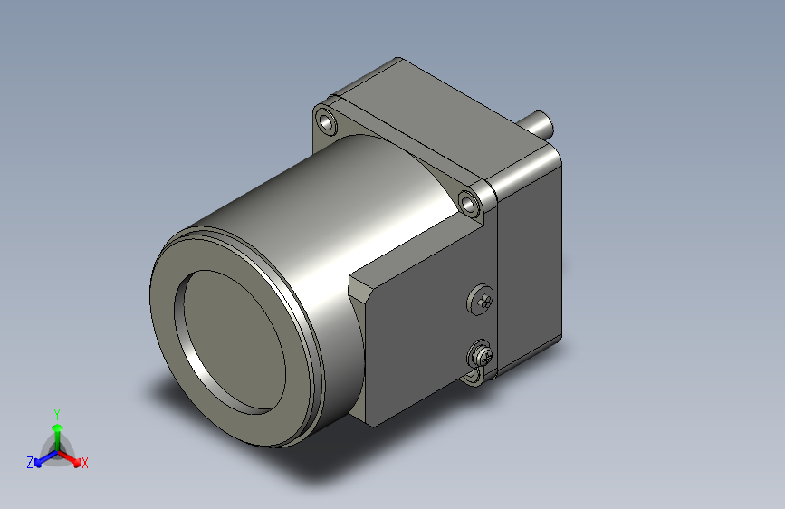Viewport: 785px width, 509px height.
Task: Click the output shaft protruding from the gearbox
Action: click(x=541, y=122)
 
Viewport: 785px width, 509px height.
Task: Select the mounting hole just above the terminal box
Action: click(x=469, y=203)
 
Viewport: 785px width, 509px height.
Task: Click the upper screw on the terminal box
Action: click(x=481, y=300)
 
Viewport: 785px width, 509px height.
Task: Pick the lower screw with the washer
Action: click(x=481, y=353)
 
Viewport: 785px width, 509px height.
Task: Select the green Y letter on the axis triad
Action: click(x=56, y=412)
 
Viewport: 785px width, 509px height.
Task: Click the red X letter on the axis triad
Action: click(x=85, y=463)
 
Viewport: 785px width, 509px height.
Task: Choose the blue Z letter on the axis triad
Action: click(x=30, y=463)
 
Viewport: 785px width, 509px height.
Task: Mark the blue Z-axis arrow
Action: click(x=42, y=458)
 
